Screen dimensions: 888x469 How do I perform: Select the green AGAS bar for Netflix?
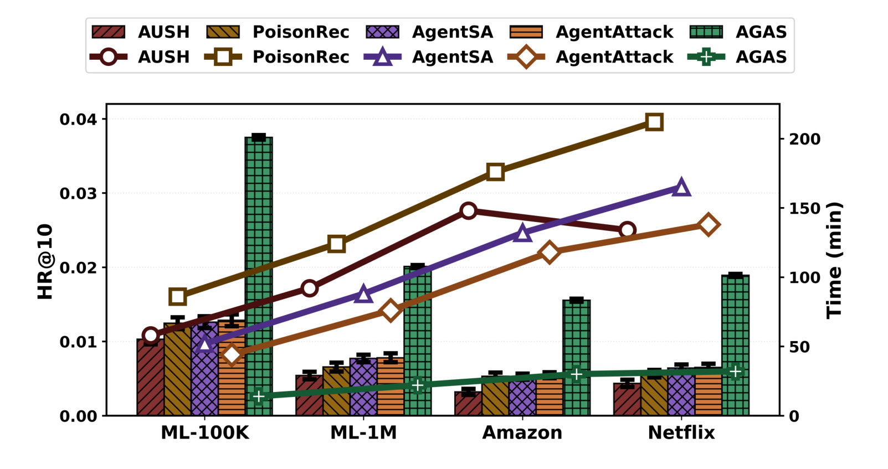(735, 345)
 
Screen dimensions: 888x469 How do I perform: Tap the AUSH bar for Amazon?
(468, 403)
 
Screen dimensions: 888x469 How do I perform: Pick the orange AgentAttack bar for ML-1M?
(391, 386)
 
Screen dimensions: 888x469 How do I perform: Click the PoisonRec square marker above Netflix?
(654, 122)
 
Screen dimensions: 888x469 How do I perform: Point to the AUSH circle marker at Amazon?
(469, 211)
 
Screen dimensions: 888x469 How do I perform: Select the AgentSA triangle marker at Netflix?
(681, 187)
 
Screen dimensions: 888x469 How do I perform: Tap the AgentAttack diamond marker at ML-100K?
(232, 354)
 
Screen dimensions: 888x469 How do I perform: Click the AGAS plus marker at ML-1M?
(418, 385)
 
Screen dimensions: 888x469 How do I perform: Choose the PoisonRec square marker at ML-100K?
(178, 296)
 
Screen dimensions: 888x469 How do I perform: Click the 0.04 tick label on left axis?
(78, 119)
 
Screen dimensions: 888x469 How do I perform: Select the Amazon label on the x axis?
(522, 432)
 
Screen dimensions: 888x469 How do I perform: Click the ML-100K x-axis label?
(205, 432)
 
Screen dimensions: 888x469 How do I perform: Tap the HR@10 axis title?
(45, 261)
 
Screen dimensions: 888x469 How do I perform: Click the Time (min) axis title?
(834, 260)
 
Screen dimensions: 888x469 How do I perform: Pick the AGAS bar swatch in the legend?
(706, 32)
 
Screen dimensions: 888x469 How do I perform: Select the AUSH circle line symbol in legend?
(108, 57)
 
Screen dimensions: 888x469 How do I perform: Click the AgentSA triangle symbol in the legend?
(383, 57)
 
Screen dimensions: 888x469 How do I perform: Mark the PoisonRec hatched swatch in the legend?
(223, 32)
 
